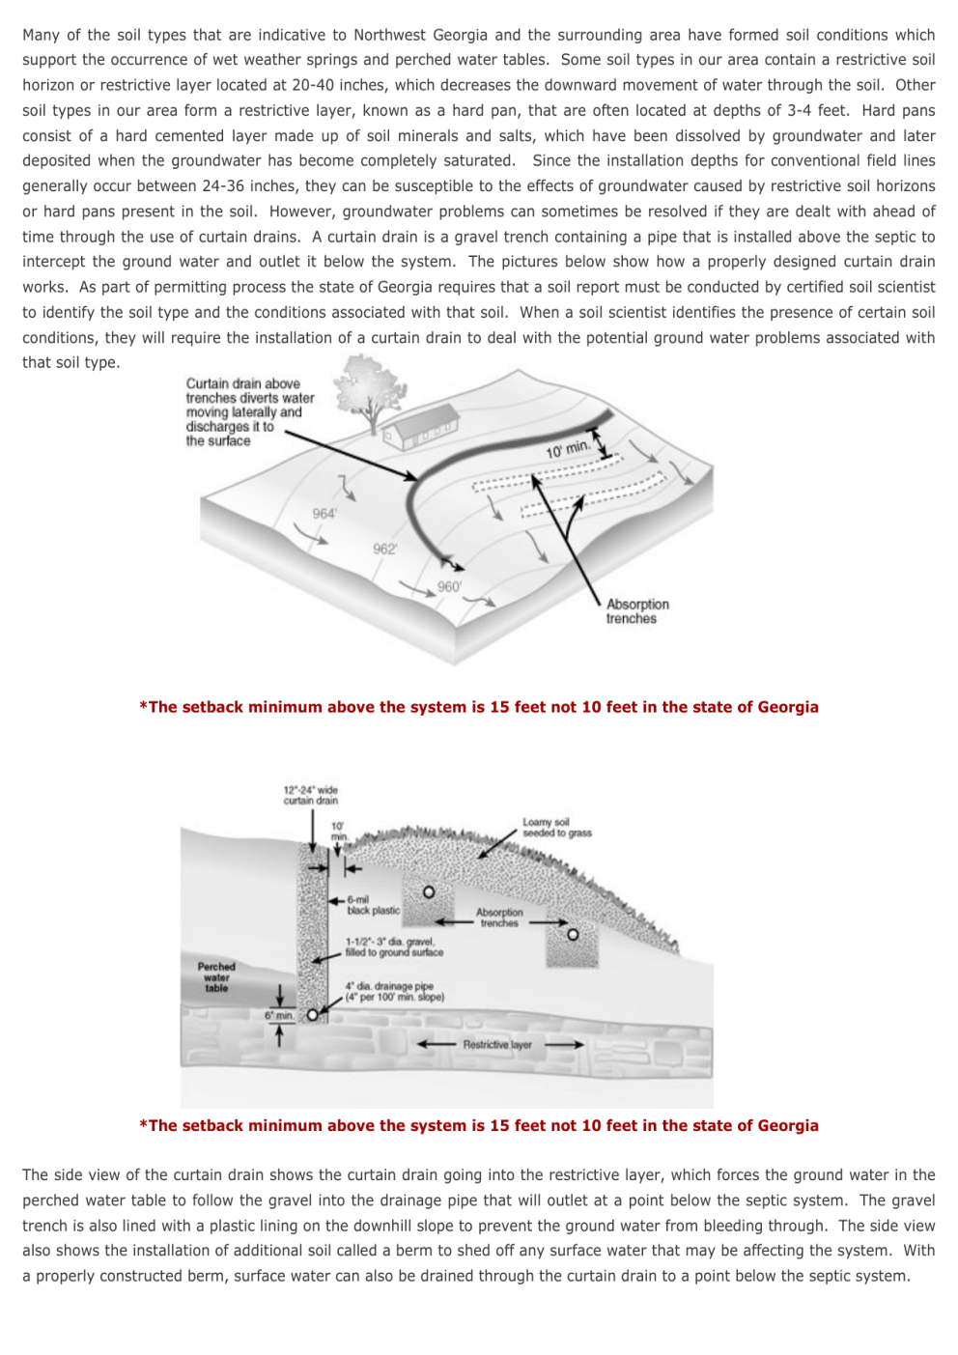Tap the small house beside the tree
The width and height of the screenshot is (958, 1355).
[420, 431]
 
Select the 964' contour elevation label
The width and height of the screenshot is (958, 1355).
[324, 514]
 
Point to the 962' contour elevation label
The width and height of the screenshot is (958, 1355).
[384, 549]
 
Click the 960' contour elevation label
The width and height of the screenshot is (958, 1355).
[449, 586]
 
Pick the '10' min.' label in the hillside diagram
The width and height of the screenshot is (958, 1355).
[567, 449]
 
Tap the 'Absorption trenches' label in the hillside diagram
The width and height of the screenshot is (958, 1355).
[636, 611]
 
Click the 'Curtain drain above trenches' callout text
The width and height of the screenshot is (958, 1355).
[249, 411]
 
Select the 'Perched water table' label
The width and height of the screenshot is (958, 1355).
[216, 976]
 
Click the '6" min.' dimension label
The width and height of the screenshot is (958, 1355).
[279, 1015]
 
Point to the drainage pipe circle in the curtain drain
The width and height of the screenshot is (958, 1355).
[312, 1015]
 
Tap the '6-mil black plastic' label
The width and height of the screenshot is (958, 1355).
[372, 905]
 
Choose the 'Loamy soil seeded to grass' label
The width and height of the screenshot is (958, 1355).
[556, 828]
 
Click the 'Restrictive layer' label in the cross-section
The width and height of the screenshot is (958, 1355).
[496, 1044]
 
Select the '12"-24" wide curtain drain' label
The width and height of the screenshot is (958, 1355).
[310, 795]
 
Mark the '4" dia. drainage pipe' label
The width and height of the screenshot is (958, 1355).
[394, 992]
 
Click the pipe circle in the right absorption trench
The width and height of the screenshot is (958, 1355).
[573, 934]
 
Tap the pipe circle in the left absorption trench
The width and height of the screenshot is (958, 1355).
[429, 891]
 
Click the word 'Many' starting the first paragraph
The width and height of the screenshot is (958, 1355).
[41, 35]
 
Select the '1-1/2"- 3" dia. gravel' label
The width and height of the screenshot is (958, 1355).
[393, 946]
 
